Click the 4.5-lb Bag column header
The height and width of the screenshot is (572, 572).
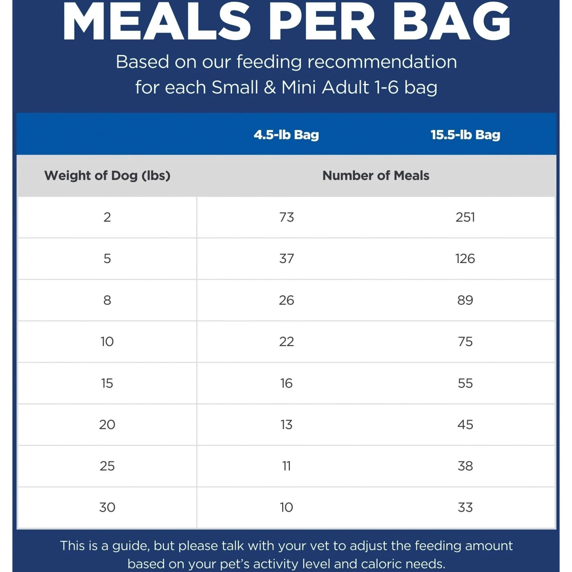(x=286, y=135)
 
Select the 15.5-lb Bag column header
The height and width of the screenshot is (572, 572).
(x=465, y=135)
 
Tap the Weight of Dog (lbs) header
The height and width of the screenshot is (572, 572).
(x=107, y=175)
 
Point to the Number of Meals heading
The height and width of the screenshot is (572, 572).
(x=376, y=175)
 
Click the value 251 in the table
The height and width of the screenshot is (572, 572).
(x=465, y=217)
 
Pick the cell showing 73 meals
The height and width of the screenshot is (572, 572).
(x=286, y=217)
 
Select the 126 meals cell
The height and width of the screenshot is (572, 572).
(x=465, y=259)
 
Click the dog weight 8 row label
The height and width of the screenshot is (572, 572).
(x=107, y=300)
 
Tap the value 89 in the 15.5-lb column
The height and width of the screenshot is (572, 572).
(x=465, y=300)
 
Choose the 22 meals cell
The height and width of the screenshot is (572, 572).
(x=286, y=341)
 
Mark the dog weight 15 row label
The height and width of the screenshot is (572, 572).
(x=107, y=383)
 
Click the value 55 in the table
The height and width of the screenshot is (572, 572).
(x=465, y=383)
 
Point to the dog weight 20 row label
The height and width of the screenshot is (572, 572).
(x=107, y=424)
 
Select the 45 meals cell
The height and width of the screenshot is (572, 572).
(x=465, y=424)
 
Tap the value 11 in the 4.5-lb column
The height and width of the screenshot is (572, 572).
(x=286, y=466)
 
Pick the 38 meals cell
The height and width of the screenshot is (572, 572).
(x=465, y=466)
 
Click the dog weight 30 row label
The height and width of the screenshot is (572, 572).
(x=107, y=507)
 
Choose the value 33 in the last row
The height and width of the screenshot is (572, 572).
(x=465, y=507)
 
